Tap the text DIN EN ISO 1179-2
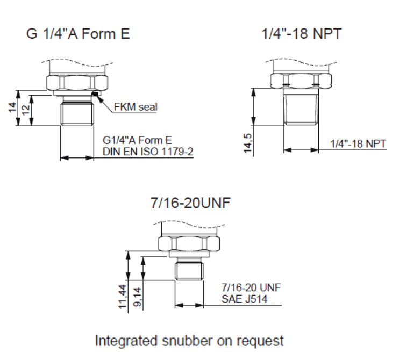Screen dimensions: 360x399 [x=148, y=152]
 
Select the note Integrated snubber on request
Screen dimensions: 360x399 [x=189, y=341]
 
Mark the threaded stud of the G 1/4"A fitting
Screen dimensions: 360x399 [x=77, y=111]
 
